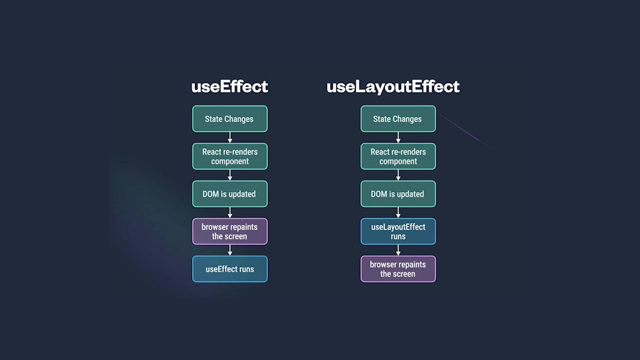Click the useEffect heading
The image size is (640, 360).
click(x=229, y=86)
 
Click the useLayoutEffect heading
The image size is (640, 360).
click(x=393, y=86)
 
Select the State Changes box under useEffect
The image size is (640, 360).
click(x=229, y=119)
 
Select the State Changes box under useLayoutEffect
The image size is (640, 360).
click(x=398, y=119)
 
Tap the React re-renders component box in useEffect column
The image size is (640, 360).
click(x=229, y=156)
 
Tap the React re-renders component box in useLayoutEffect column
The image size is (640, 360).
click(x=398, y=156)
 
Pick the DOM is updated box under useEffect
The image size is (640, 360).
click(x=229, y=194)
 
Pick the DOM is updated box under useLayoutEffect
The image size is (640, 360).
click(x=398, y=194)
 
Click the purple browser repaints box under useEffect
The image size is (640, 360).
click(x=229, y=231)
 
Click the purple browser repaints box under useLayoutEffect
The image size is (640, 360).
click(x=398, y=269)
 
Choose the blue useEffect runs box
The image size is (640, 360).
click(x=229, y=269)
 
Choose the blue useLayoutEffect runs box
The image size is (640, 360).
click(x=398, y=231)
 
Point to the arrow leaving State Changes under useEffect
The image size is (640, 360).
click(x=230, y=137)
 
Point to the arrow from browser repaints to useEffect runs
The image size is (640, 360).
click(x=230, y=250)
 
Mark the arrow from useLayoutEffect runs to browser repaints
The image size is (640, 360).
click(x=398, y=250)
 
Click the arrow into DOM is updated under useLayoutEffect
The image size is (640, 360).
click(x=398, y=175)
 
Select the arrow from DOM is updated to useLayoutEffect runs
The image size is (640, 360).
click(x=398, y=212)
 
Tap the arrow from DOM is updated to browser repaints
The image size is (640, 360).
click(x=230, y=212)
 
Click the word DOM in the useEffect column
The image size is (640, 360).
click(x=210, y=194)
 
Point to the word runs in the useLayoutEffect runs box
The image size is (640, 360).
click(x=398, y=236)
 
